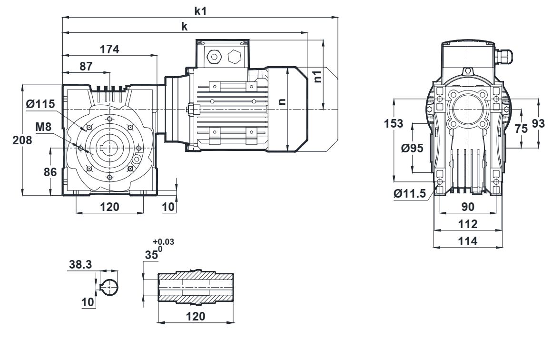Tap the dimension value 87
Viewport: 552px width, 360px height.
pyautogui.click(x=86, y=66)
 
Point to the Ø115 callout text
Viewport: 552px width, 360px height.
pyautogui.click(x=41, y=104)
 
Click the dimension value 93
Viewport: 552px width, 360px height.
pyautogui.click(x=539, y=123)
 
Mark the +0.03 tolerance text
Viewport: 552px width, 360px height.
pyautogui.click(x=163, y=242)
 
